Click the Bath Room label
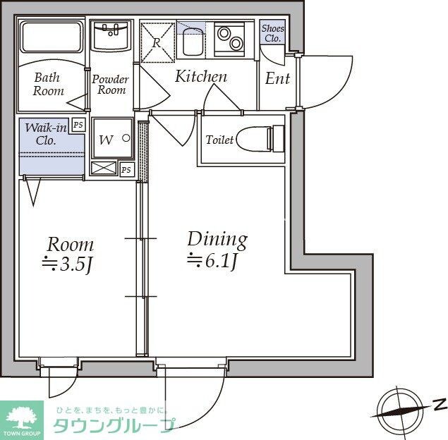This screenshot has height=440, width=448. pos(48,84)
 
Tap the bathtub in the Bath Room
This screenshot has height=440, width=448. pos(50,37)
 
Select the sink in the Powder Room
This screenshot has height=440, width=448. pos(111,35)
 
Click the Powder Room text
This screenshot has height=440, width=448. pos(111,85)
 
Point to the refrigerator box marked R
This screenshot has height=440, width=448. pos(157,37)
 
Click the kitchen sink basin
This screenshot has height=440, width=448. pos(192,42)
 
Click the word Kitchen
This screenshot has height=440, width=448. pos(201,77)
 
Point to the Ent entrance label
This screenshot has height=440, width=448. pos(277,79)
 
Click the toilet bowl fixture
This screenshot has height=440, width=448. pos(258,139)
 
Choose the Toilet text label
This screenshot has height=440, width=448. pos(219,140)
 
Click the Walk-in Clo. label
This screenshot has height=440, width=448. pos(46,133)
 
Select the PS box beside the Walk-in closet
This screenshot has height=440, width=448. pos(78,125)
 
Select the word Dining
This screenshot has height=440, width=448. pos(217,239)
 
